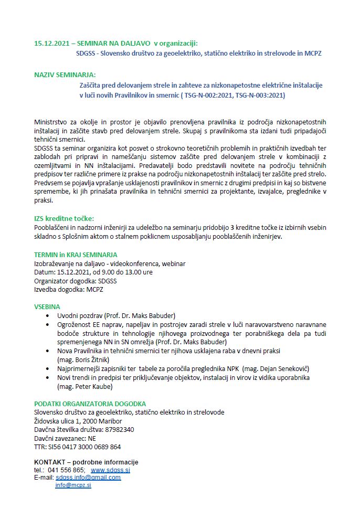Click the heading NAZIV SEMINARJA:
click(65, 75)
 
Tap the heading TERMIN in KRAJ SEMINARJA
click(75, 254)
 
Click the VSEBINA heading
click(47, 306)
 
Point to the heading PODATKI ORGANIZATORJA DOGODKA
click(90, 404)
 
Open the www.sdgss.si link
click(110, 470)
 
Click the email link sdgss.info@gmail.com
click(88, 478)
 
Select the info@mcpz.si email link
click(73, 485)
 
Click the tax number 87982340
click(119, 429)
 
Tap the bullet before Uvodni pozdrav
click(48, 315)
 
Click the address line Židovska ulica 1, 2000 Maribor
click(78, 421)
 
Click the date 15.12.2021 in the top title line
click(51, 43)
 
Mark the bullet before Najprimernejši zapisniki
click(48, 369)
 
